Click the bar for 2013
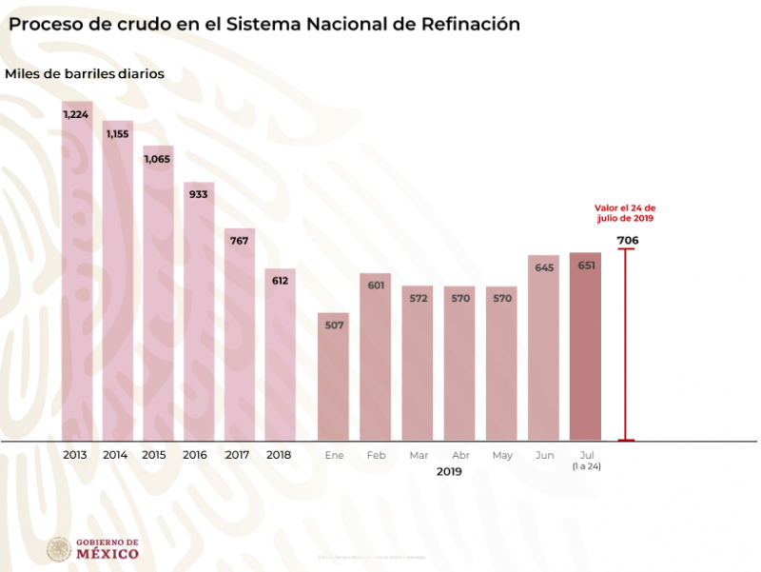pyautogui.click(x=77, y=276)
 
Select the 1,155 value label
pyautogui.click(x=118, y=134)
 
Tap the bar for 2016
pyautogui.click(x=199, y=314)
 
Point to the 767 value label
pyautogui.click(x=240, y=241)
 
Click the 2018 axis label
pyautogui.click(x=280, y=455)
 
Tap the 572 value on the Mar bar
pyautogui.click(x=418, y=298)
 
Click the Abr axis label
pyautogui.click(x=461, y=455)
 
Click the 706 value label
pyautogui.click(x=627, y=240)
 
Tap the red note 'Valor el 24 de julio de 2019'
pyautogui.click(x=625, y=212)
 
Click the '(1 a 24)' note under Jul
pyautogui.click(x=586, y=466)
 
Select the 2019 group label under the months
pyautogui.click(x=449, y=471)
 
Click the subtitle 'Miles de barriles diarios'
pyautogui.click(x=85, y=72)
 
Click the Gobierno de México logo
pyautogui.click(x=93, y=549)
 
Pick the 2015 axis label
pyautogui.click(x=154, y=455)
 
